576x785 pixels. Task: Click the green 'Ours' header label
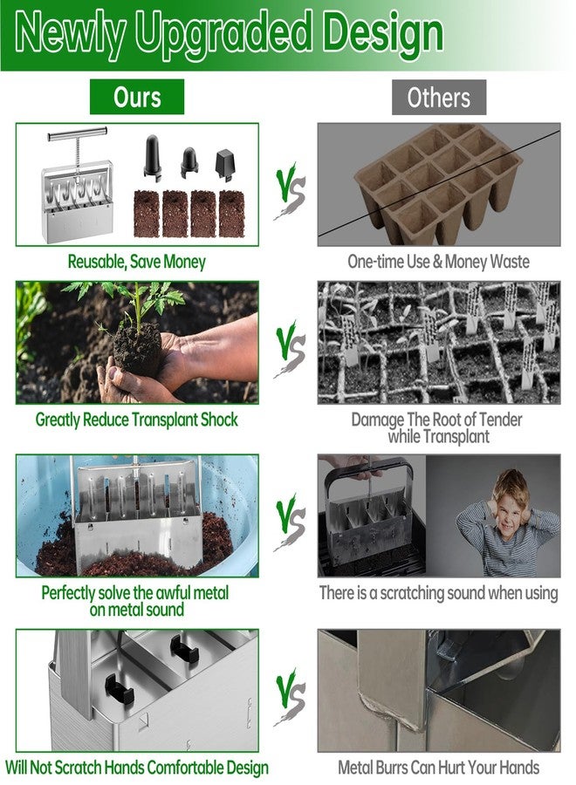pyautogui.click(x=137, y=97)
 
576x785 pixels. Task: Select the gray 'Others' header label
pyautogui.click(x=438, y=97)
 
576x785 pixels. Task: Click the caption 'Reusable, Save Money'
pyautogui.click(x=137, y=262)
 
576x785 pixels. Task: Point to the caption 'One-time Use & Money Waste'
pyautogui.click(x=438, y=262)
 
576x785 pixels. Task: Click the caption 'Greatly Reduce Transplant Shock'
pyautogui.click(x=137, y=420)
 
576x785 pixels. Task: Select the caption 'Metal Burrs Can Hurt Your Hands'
pyautogui.click(x=438, y=768)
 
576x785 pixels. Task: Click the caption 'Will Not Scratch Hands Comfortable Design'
pyautogui.click(x=137, y=768)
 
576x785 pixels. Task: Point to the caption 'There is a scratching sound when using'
pyautogui.click(x=438, y=593)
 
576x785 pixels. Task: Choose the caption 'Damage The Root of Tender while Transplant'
pyautogui.click(x=438, y=427)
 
